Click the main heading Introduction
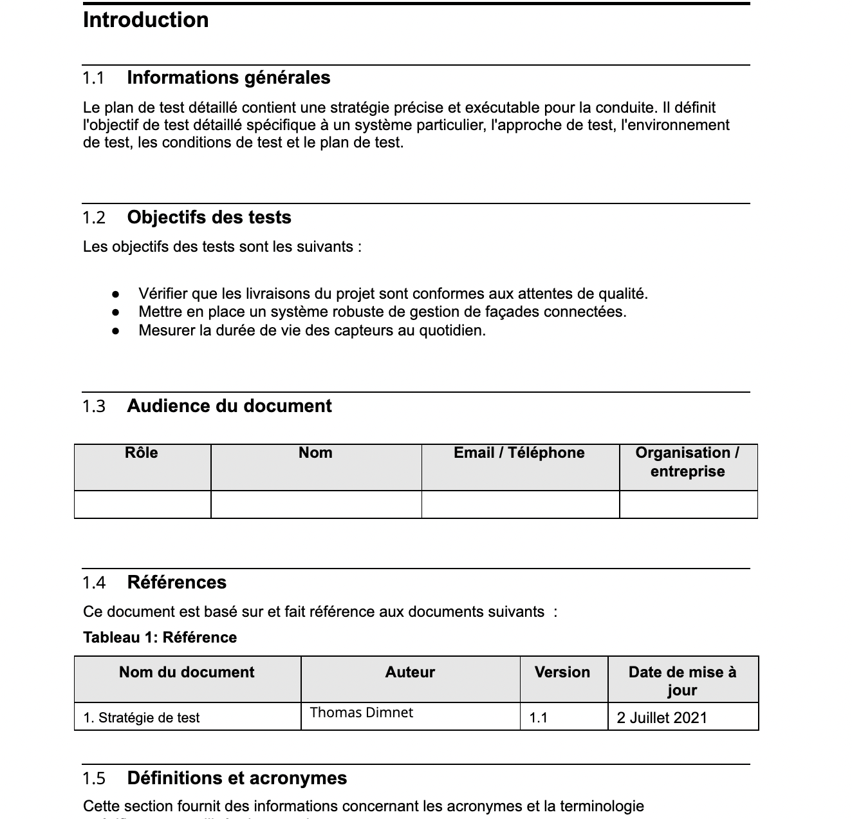tap(145, 20)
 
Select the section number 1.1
tap(93, 79)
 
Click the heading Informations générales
tap(228, 78)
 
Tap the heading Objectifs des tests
tap(209, 218)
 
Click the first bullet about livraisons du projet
tap(393, 294)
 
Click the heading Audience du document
tap(229, 406)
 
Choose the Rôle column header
tap(142, 453)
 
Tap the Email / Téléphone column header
tap(519, 453)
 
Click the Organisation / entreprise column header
tap(687, 462)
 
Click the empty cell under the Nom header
tap(316, 504)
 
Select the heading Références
tap(177, 583)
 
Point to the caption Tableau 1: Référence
tap(160, 637)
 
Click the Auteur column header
tap(410, 673)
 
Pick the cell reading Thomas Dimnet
tap(361, 713)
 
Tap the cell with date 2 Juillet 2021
tap(662, 718)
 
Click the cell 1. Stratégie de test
tap(142, 718)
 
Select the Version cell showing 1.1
tap(539, 718)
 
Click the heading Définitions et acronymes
tap(237, 778)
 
